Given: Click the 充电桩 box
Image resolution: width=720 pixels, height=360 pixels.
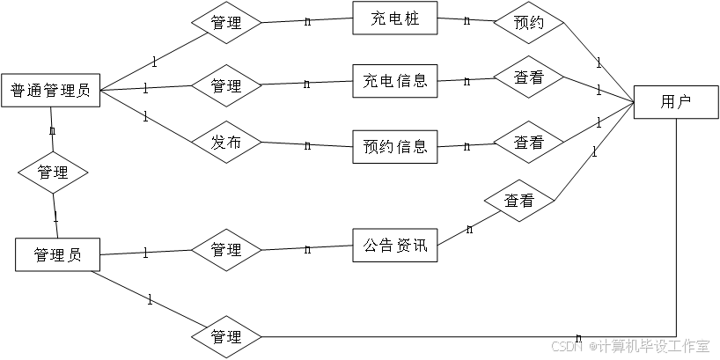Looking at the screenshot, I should pyautogui.click(x=395, y=18).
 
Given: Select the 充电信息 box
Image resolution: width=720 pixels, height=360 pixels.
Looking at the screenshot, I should pyautogui.click(x=395, y=81).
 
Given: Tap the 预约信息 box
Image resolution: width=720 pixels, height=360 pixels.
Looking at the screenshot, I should pyautogui.click(x=395, y=146).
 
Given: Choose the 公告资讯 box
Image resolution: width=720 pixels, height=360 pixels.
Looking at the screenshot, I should pyautogui.click(x=395, y=246).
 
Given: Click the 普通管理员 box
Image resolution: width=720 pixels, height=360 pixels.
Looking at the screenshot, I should pyautogui.click(x=50, y=90).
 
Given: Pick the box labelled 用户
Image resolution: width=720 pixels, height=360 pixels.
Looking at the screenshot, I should pyautogui.click(x=676, y=102).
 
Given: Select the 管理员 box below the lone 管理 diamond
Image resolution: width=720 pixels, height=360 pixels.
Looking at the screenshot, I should pyautogui.click(x=57, y=255).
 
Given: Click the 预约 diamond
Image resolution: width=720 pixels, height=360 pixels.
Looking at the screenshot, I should pyautogui.click(x=528, y=23).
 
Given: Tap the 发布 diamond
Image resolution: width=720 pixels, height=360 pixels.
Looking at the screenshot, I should pyautogui.click(x=226, y=143).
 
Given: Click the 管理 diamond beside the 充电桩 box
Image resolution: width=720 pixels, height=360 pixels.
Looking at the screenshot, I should pyautogui.click(x=226, y=23).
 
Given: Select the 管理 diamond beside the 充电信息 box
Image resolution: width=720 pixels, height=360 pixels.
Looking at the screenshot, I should pyautogui.click(x=226, y=86).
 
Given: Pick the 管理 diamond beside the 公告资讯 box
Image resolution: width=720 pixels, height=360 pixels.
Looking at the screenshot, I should pyautogui.click(x=226, y=250).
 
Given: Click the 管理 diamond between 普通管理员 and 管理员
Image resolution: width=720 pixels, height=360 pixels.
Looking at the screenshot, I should pyautogui.click(x=53, y=173).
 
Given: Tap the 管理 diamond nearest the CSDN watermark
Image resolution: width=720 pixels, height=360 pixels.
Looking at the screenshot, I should pyautogui.click(x=226, y=337).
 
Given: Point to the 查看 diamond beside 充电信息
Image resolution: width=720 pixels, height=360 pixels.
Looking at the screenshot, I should pyautogui.click(x=528, y=77).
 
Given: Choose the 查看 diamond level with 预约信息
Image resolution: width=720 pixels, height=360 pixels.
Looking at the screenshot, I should pyautogui.click(x=528, y=142).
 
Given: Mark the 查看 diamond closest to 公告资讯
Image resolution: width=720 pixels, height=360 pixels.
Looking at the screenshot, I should pyautogui.click(x=518, y=201).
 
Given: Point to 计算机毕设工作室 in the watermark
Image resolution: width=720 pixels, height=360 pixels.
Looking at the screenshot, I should pyautogui.click(x=653, y=346).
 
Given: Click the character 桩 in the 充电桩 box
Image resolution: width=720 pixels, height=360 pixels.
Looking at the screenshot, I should pyautogui.click(x=411, y=18).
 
